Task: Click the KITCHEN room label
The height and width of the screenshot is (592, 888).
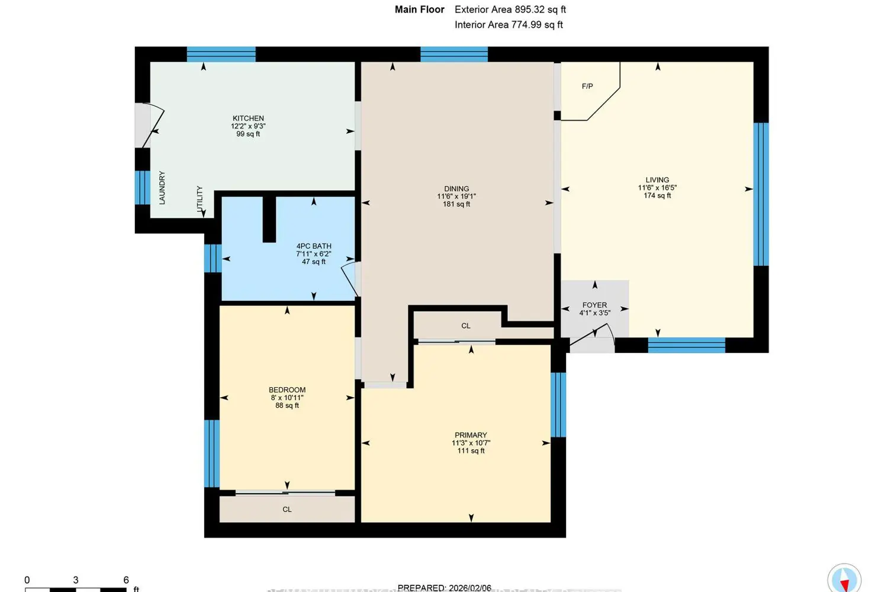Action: click(248, 118)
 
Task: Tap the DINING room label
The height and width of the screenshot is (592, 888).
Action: click(456, 189)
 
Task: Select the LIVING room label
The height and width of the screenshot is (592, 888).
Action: click(657, 180)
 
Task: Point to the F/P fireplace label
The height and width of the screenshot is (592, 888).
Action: click(587, 86)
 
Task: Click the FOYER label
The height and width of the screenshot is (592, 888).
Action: click(594, 305)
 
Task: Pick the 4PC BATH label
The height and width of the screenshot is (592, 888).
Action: click(314, 246)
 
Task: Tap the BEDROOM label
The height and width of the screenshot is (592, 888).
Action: click(287, 390)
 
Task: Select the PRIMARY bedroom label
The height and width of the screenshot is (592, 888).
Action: click(471, 435)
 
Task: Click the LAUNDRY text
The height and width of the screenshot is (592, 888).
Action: click(162, 188)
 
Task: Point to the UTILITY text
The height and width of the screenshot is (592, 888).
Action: click(200, 199)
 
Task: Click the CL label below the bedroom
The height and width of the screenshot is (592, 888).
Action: click(287, 510)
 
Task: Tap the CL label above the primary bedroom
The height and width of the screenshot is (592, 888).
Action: click(466, 326)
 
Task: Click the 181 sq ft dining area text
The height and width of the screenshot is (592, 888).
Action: click(456, 204)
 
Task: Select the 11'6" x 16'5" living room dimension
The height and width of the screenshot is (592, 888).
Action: click(657, 188)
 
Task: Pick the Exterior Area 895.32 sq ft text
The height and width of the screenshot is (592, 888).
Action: click(510, 9)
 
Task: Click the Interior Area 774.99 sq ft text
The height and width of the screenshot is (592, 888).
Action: click(509, 25)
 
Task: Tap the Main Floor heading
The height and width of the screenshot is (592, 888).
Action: click(419, 9)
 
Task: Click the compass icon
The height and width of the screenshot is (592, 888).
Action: click(844, 578)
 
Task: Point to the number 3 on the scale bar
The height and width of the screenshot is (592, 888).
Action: click(76, 580)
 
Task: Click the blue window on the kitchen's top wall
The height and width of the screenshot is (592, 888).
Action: click(221, 54)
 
